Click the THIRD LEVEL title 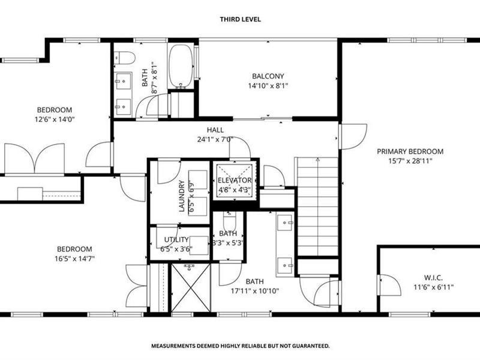[241, 19]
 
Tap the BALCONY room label [268, 76]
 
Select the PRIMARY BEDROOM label [410, 151]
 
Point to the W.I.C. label [433, 278]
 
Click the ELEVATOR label [235, 181]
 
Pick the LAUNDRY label [182, 196]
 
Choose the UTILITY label [176, 239]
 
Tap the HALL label [215, 130]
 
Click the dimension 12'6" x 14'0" [55, 119]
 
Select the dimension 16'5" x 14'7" [74, 259]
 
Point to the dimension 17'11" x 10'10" [254, 291]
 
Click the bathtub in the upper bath [181, 67]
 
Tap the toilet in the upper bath [125, 58]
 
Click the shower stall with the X [191, 288]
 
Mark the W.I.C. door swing [389, 285]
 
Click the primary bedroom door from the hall [353, 137]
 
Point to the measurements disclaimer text [241, 346]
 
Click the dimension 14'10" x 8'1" [268, 86]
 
